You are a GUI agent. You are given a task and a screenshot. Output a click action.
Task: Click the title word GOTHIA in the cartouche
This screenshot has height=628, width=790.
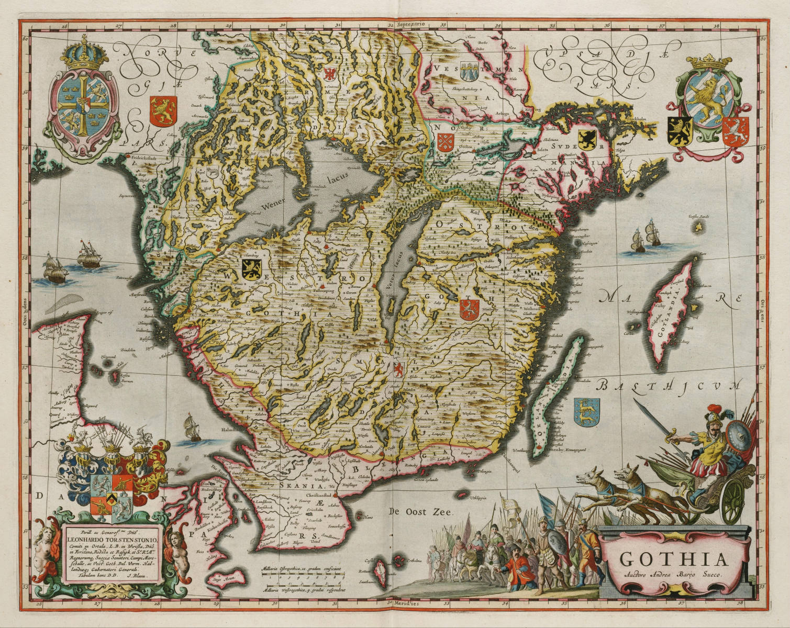(x=674, y=559)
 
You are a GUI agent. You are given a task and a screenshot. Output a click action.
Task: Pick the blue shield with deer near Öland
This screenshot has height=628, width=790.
(x=586, y=410)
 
